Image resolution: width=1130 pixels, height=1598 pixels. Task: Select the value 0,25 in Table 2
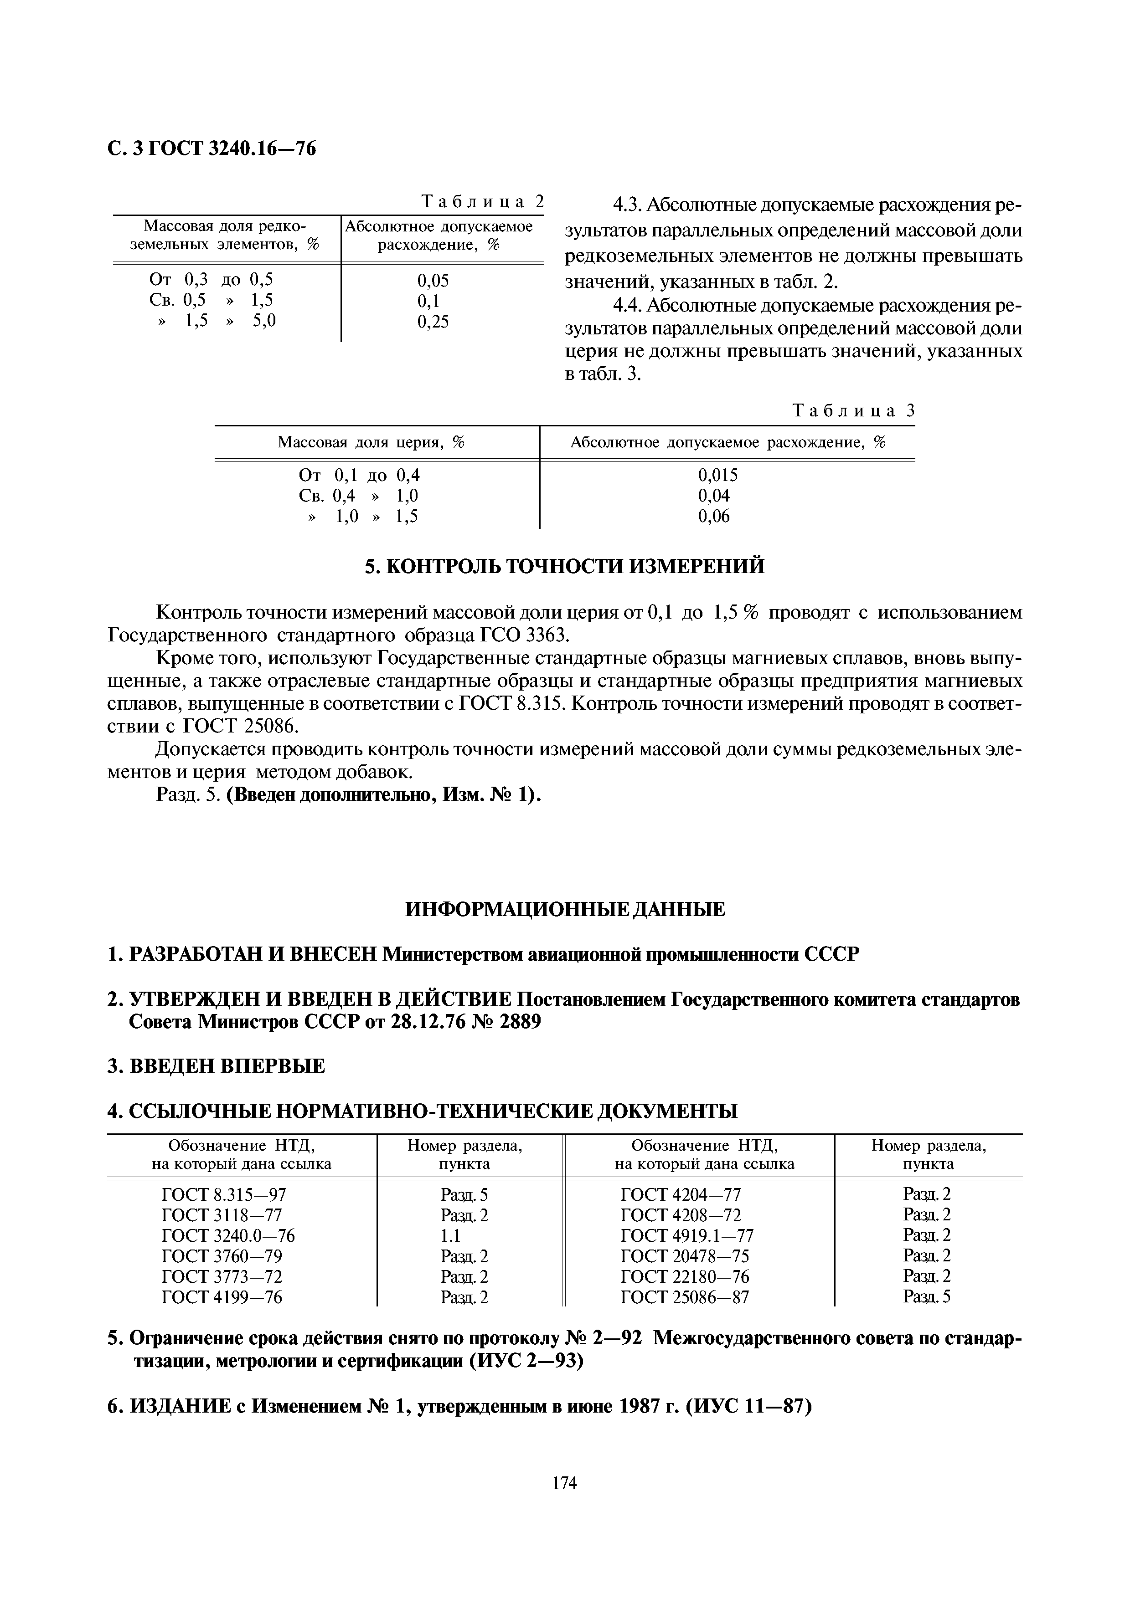(433, 322)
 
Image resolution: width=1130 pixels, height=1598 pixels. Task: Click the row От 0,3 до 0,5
(212, 280)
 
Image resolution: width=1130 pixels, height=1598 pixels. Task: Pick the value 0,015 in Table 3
(718, 476)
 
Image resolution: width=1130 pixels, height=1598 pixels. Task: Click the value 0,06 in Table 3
(714, 517)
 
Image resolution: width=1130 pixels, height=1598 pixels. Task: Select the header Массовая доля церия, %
(371, 443)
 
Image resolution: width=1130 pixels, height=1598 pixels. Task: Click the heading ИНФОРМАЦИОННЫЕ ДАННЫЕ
(565, 909)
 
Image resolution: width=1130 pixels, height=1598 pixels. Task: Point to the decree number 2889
(517, 1022)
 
